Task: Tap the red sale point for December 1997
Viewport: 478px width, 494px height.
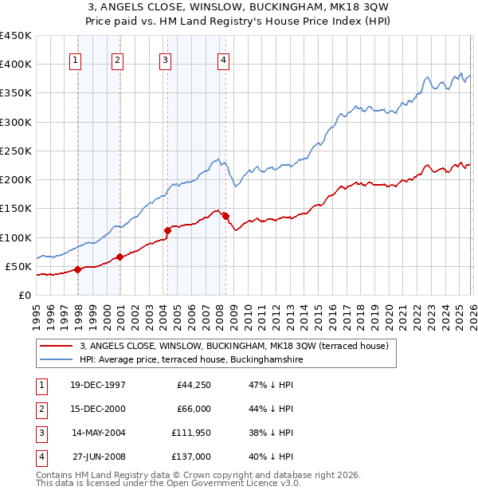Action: (x=78, y=269)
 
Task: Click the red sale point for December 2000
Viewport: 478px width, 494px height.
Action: (x=120, y=257)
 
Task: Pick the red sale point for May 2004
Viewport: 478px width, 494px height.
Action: (x=167, y=230)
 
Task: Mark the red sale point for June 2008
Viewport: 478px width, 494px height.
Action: (x=226, y=216)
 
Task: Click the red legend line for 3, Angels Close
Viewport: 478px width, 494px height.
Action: (x=57, y=346)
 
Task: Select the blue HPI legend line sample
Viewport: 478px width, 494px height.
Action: (x=57, y=359)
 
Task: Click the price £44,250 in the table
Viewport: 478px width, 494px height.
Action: (x=193, y=385)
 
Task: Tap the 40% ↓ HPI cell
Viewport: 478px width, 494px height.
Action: (x=270, y=457)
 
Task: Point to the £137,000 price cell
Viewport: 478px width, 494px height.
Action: (x=191, y=457)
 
